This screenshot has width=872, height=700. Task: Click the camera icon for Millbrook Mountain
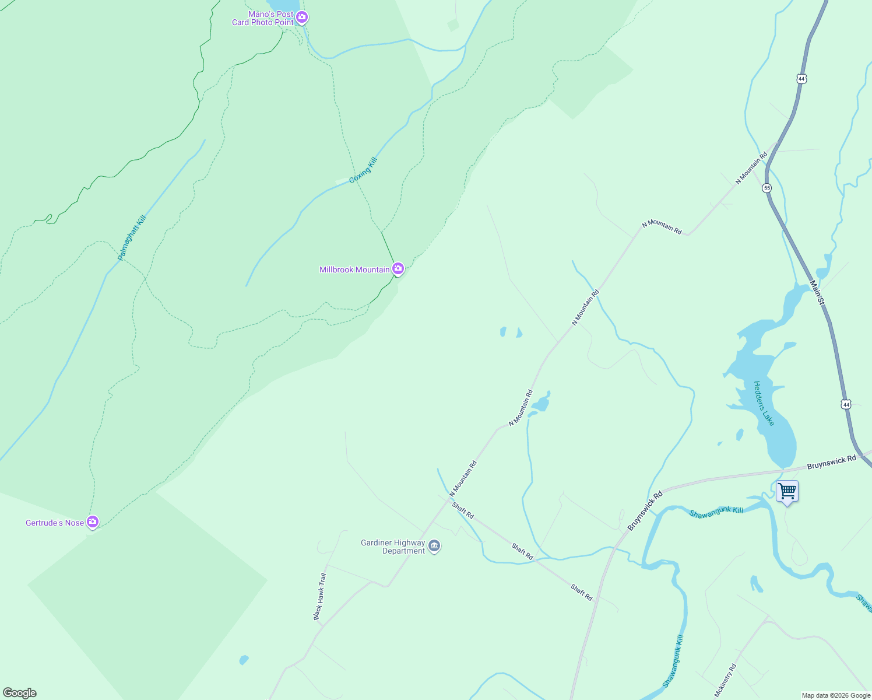[x=398, y=268]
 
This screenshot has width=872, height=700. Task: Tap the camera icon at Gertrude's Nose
[x=93, y=521]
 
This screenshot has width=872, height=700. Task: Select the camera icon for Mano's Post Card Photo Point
[x=302, y=17]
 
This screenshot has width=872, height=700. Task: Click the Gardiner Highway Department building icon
[x=434, y=546]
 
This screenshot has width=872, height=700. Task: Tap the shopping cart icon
[x=787, y=491]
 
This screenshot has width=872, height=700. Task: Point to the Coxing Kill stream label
[x=364, y=170]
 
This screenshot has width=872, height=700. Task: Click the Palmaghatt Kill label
[x=132, y=237]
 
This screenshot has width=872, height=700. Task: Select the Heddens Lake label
[x=764, y=403]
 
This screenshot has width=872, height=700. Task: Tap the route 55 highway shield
[x=766, y=188]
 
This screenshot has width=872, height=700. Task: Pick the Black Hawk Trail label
[x=320, y=596]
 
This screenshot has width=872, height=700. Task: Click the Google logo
[x=20, y=693]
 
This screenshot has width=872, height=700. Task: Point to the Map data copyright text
[x=836, y=695]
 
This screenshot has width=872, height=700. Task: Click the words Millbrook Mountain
[x=354, y=269]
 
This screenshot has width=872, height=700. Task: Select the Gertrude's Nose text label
[x=55, y=523]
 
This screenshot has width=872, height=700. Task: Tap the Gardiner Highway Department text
[x=393, y=547]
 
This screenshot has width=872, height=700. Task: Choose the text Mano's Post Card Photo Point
[x=263, y=18]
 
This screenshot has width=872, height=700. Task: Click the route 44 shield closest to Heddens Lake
[x=846, y=404]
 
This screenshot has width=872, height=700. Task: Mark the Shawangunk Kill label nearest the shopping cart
[x=716, y=513]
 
